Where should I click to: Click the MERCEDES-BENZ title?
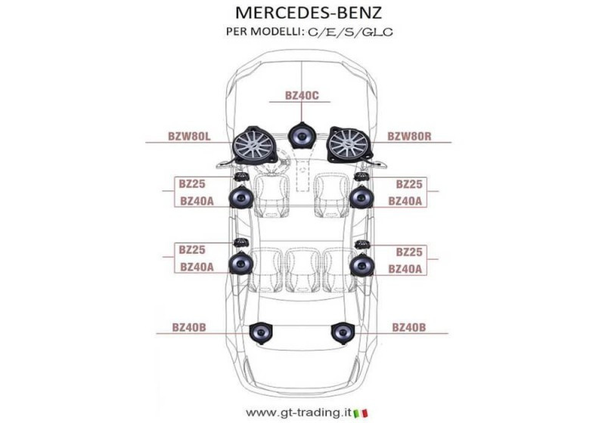309,13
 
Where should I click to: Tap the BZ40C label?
302,95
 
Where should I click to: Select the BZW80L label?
190,137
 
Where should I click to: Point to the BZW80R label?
409,137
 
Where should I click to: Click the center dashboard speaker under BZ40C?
301,135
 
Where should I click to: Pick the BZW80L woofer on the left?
254,146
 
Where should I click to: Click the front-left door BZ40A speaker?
241,197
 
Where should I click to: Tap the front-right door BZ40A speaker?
361,197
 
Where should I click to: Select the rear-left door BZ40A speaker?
240,263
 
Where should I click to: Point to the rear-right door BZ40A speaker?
361,264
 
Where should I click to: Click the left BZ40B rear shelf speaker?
261,333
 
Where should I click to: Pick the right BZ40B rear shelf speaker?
343,333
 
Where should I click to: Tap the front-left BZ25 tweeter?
240,177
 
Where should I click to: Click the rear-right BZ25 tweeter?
362,244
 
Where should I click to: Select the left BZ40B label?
189,328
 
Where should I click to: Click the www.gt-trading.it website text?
298,413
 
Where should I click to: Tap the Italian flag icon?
361,413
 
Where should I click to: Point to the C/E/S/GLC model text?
350,32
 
